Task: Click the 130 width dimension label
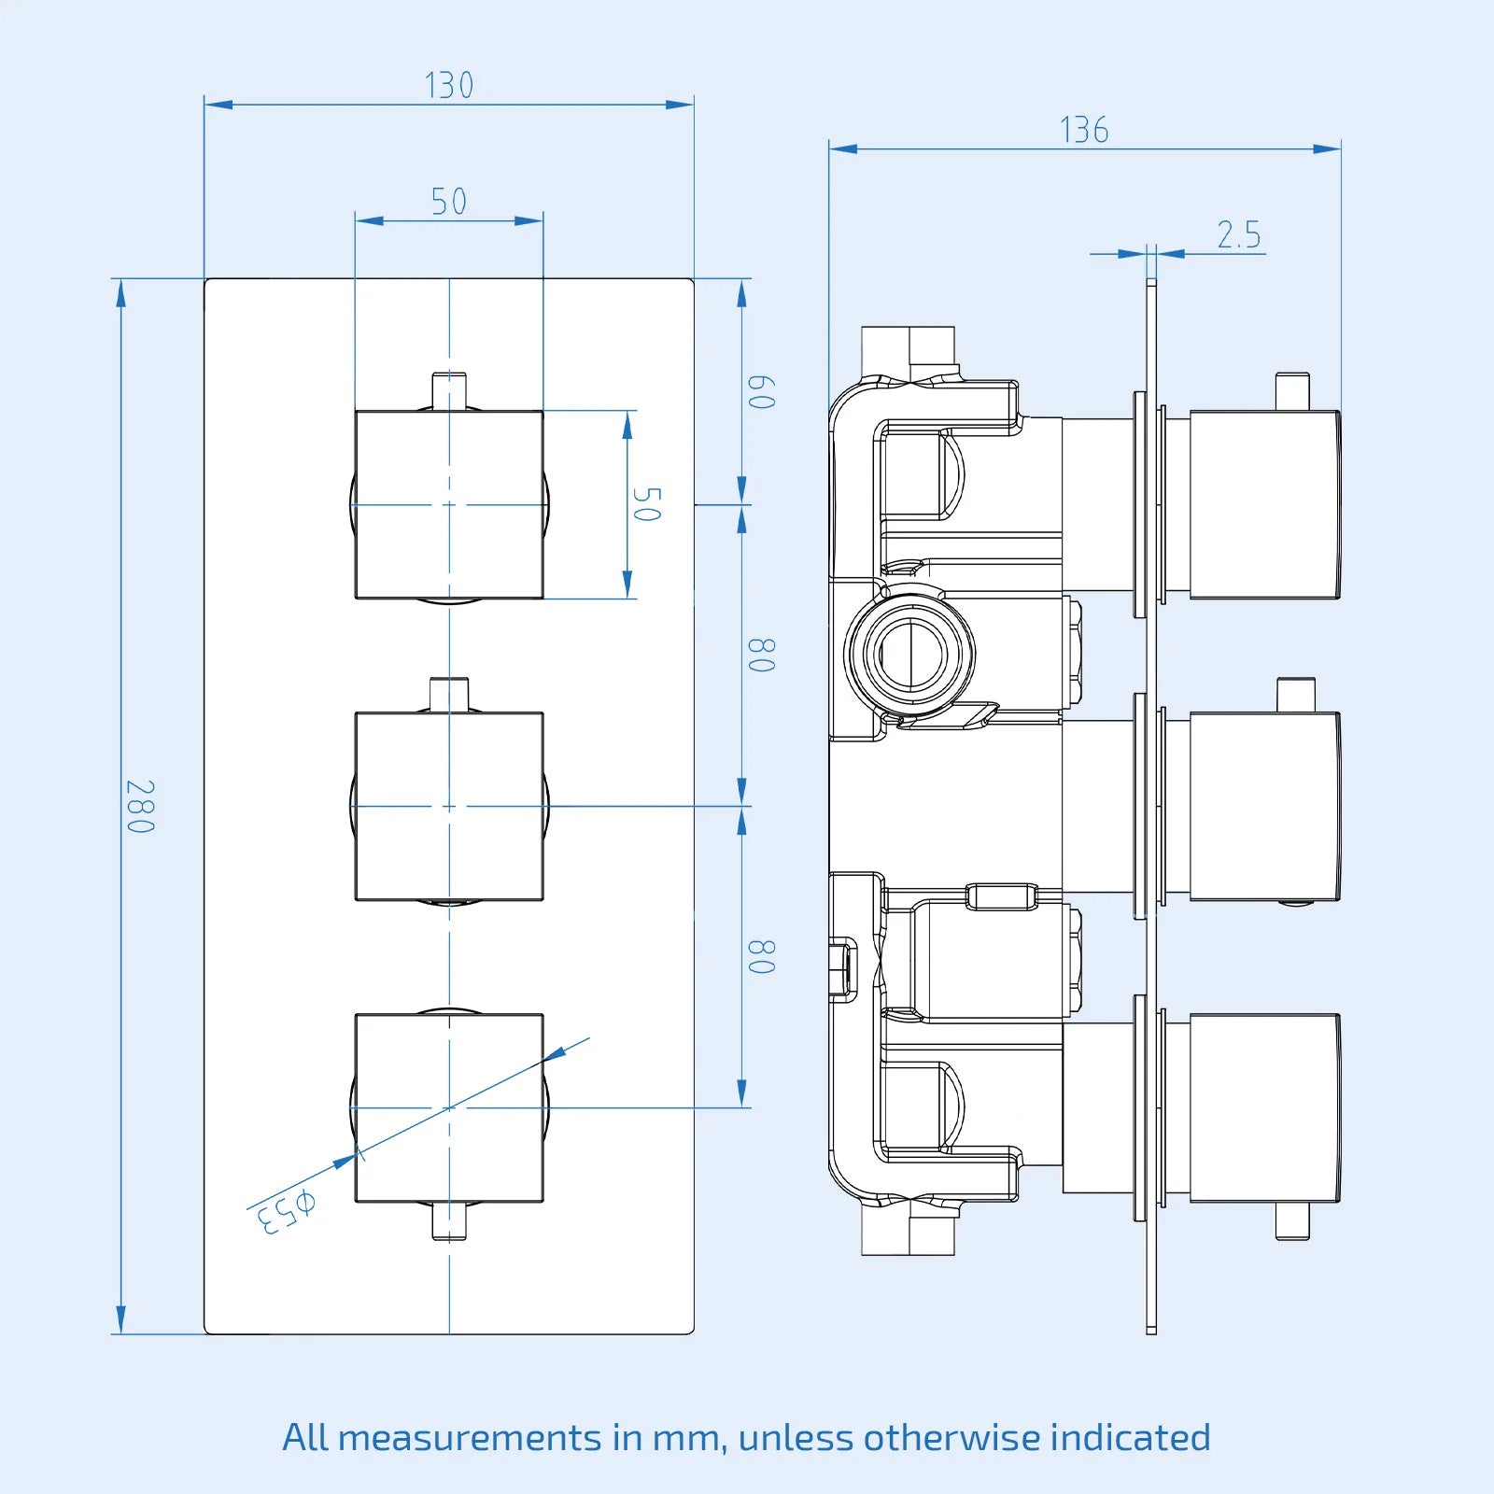(x=449, y=85)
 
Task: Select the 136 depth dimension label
(x=1084, y=130)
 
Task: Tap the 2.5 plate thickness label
(x=1239, y=234)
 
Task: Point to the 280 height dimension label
(x=140, y=807)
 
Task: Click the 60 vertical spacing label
(x=762, y=392)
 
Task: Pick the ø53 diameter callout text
(x=286, y=1211)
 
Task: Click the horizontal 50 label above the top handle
(x=449, y=202)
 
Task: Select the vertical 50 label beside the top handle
(x=647, y=504)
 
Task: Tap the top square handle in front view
(x=449, y=504)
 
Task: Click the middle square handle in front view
(x=449, y=806)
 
